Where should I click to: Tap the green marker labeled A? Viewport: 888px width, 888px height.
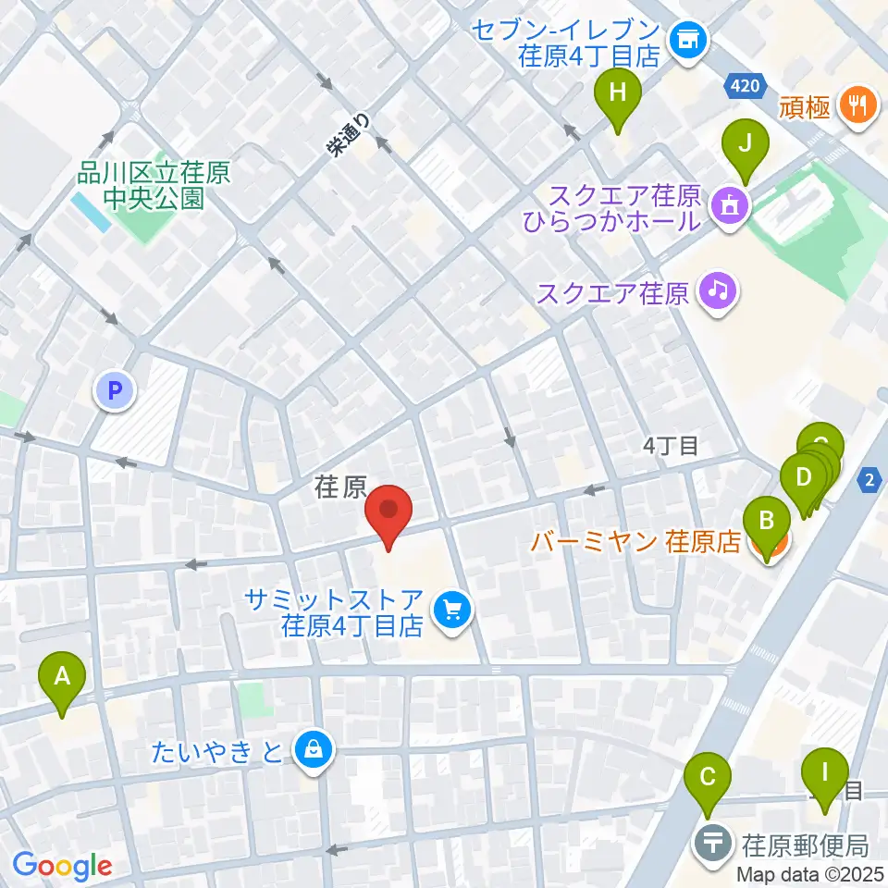(62, 679)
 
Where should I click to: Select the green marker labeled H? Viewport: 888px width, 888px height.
(617, 95)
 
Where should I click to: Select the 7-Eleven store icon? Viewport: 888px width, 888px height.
(687, 39)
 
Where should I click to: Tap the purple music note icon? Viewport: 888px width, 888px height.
(717, 292)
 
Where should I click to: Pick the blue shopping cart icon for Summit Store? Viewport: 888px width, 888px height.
(452, 610)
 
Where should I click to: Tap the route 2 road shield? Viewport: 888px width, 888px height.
(869, 479)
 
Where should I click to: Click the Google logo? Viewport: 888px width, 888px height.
(63, 866)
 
